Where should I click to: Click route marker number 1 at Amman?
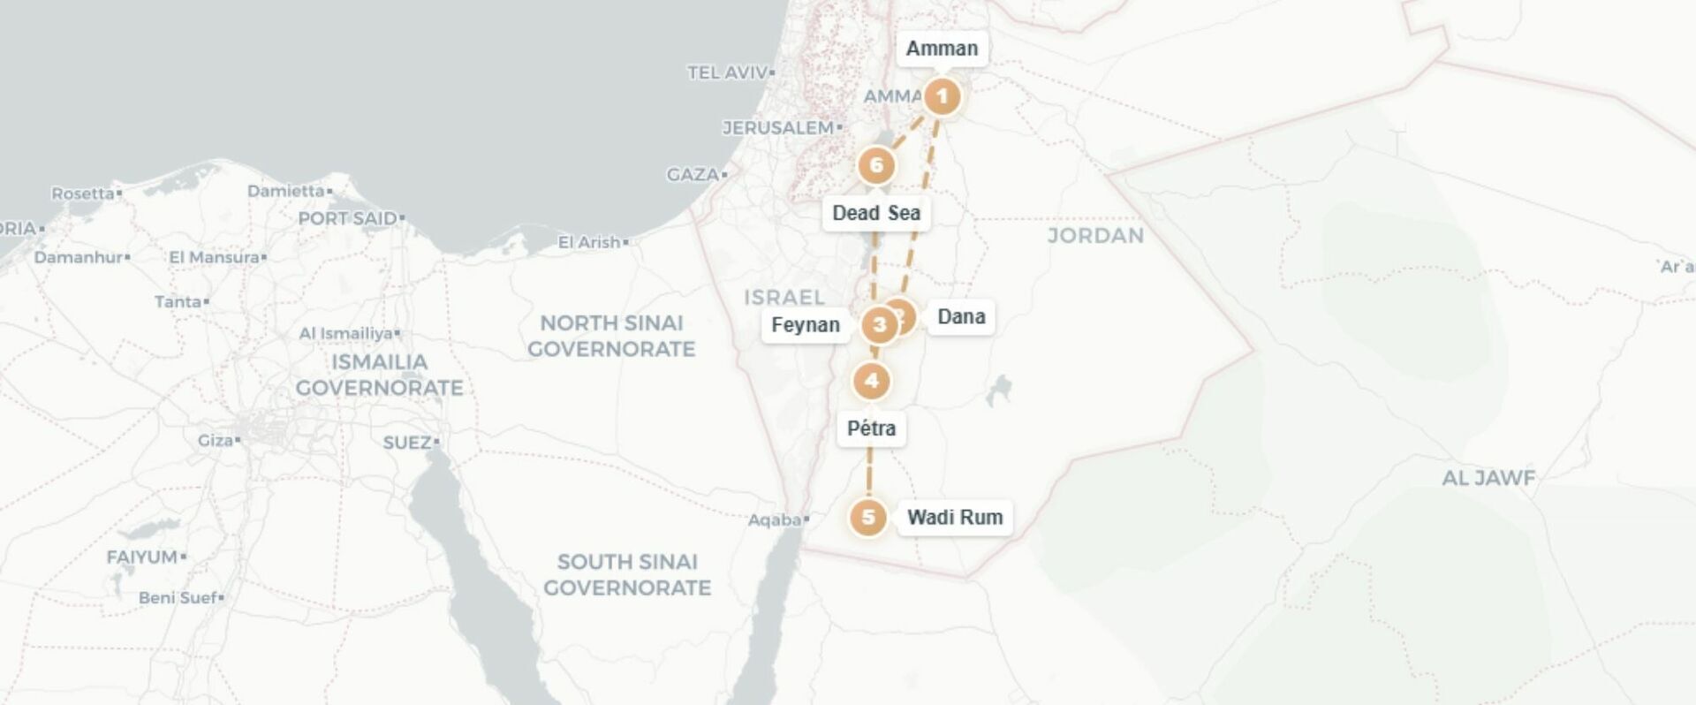pos(942,96)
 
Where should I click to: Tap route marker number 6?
pos(876,165)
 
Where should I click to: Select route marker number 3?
pos(879,325)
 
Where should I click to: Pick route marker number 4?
pos(872,381)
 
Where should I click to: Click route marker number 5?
pos(867,517)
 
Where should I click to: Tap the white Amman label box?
pos(942,49)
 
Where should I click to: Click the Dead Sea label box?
pos(876,213)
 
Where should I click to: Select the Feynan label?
pos(805,325)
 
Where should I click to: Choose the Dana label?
pos(961,316)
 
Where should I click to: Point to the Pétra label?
pos(871,428)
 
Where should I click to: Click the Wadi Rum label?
pos(955,517)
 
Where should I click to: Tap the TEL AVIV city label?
pos(728,73)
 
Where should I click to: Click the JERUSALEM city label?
pos(778,128)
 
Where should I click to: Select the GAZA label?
pos(693,175)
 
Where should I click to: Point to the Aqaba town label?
pos(775,519)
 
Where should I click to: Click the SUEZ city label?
pos(407,442)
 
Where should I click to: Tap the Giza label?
pos(216,440)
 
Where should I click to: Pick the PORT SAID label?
pos(348,218)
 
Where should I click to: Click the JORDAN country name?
pos(1095,236)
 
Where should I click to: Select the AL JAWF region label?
pos(1488,479)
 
